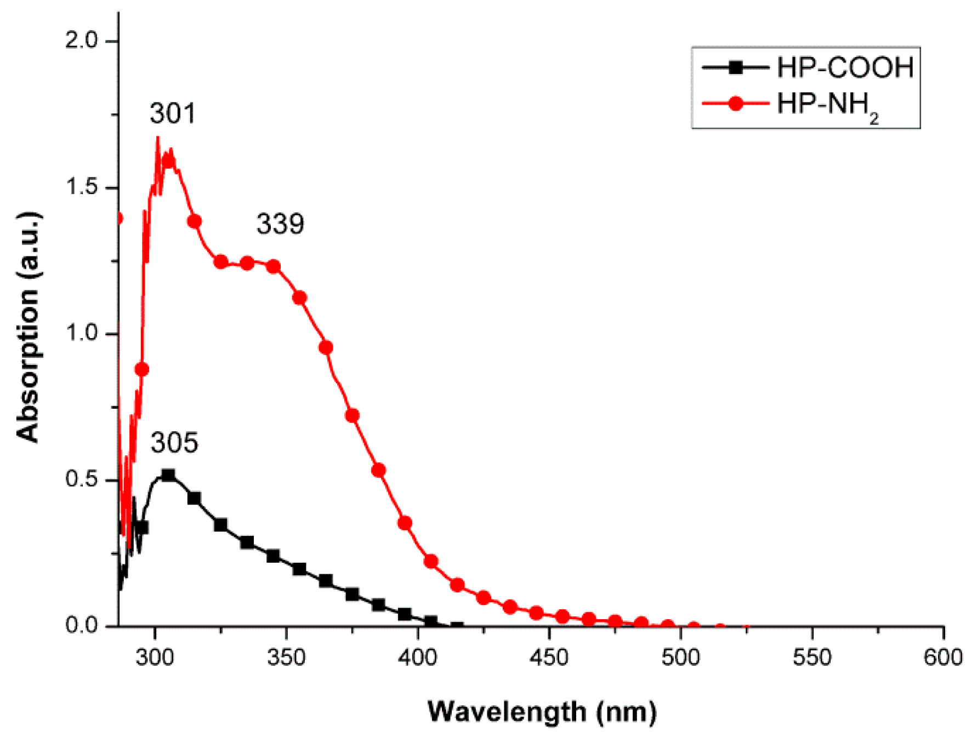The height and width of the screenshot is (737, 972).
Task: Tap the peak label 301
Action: click(173, 113)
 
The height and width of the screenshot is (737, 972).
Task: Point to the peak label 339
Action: click(280, 224)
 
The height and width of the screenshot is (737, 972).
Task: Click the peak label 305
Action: click(174, 443)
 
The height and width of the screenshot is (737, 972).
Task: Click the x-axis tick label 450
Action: click(549, 657)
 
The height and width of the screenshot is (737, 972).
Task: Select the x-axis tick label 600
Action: click(942, 657)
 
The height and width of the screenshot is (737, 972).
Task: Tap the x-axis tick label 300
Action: click(155, 657)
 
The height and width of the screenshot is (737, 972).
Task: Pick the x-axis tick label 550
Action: click(811, 657)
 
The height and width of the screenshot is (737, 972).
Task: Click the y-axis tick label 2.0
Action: click(81, 41)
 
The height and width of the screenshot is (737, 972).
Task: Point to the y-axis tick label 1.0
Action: click(81, 333)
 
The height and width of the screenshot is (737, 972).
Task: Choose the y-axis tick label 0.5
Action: click(81, 479)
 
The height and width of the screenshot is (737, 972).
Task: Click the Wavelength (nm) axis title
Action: click(542, 711)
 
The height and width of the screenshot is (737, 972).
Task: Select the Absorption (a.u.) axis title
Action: click(29, 327)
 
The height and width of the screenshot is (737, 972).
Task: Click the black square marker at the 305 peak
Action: click(168, 475)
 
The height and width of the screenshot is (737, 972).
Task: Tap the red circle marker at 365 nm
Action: click(326, 347)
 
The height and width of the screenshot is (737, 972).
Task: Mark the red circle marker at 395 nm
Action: click(405, 523)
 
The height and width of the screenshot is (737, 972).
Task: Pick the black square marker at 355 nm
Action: click(299, 569)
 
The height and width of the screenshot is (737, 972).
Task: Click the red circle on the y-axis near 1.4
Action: click(118, 219)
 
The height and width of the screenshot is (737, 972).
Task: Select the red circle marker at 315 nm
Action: click(194, 221)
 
